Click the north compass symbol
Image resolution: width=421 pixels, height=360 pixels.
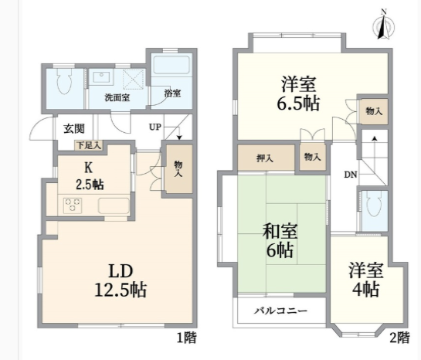click(x=384, y=25)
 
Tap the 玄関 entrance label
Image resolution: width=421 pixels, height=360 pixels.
click(x=74, y=128)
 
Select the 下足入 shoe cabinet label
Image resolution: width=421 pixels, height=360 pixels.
click(x=89, y=145)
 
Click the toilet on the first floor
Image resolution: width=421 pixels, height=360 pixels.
click(x=65, y=81)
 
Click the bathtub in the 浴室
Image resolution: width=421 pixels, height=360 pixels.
click(x=171, y=65)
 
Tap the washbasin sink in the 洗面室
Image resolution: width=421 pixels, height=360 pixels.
click(x=100, y=76)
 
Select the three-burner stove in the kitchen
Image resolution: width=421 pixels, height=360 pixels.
click(x=73, y=205)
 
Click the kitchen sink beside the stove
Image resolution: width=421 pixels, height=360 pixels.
click(x=114, y=205)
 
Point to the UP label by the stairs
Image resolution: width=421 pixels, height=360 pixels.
click(x=155, y=127)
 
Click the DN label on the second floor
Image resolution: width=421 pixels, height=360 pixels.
click(x=351, y=175)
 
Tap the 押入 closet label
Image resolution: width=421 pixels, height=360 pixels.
click(x=264, y=158)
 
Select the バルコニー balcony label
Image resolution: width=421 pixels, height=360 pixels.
click(x=280, y=311)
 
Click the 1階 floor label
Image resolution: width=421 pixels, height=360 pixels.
click(x=187, y=338)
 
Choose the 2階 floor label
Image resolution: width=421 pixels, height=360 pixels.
click(x=399, y=338)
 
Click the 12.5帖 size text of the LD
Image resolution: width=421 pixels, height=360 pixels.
click(x=121, y=290)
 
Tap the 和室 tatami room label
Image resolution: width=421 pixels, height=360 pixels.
click(x=280, y=231)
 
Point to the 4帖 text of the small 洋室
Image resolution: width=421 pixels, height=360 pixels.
click(x=365, y=290)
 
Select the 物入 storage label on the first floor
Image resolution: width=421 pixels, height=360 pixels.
click(x=178, y=168)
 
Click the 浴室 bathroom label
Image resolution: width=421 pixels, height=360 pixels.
click(x=172, y=93)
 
